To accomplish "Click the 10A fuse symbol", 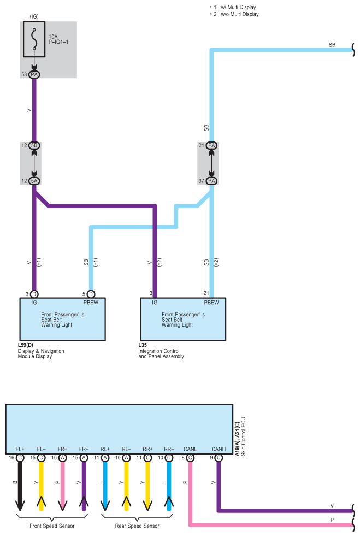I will point(34,40).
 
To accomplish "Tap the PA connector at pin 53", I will point(34,74).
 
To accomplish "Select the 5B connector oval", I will point(34,146).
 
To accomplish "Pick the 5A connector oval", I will point(34,181).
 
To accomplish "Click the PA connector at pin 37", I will point(211,181).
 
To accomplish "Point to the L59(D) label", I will point(26,345).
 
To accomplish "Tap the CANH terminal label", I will point(218,449).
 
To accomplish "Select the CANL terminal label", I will point(190,449).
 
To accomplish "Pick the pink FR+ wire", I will point(62,486).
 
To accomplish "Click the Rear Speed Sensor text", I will point(137,526).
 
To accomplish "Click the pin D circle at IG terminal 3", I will point(34,294).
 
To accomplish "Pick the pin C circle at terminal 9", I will point(218,458).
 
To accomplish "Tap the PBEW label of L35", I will point(211,302).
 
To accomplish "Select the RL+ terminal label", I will point(105,449).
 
